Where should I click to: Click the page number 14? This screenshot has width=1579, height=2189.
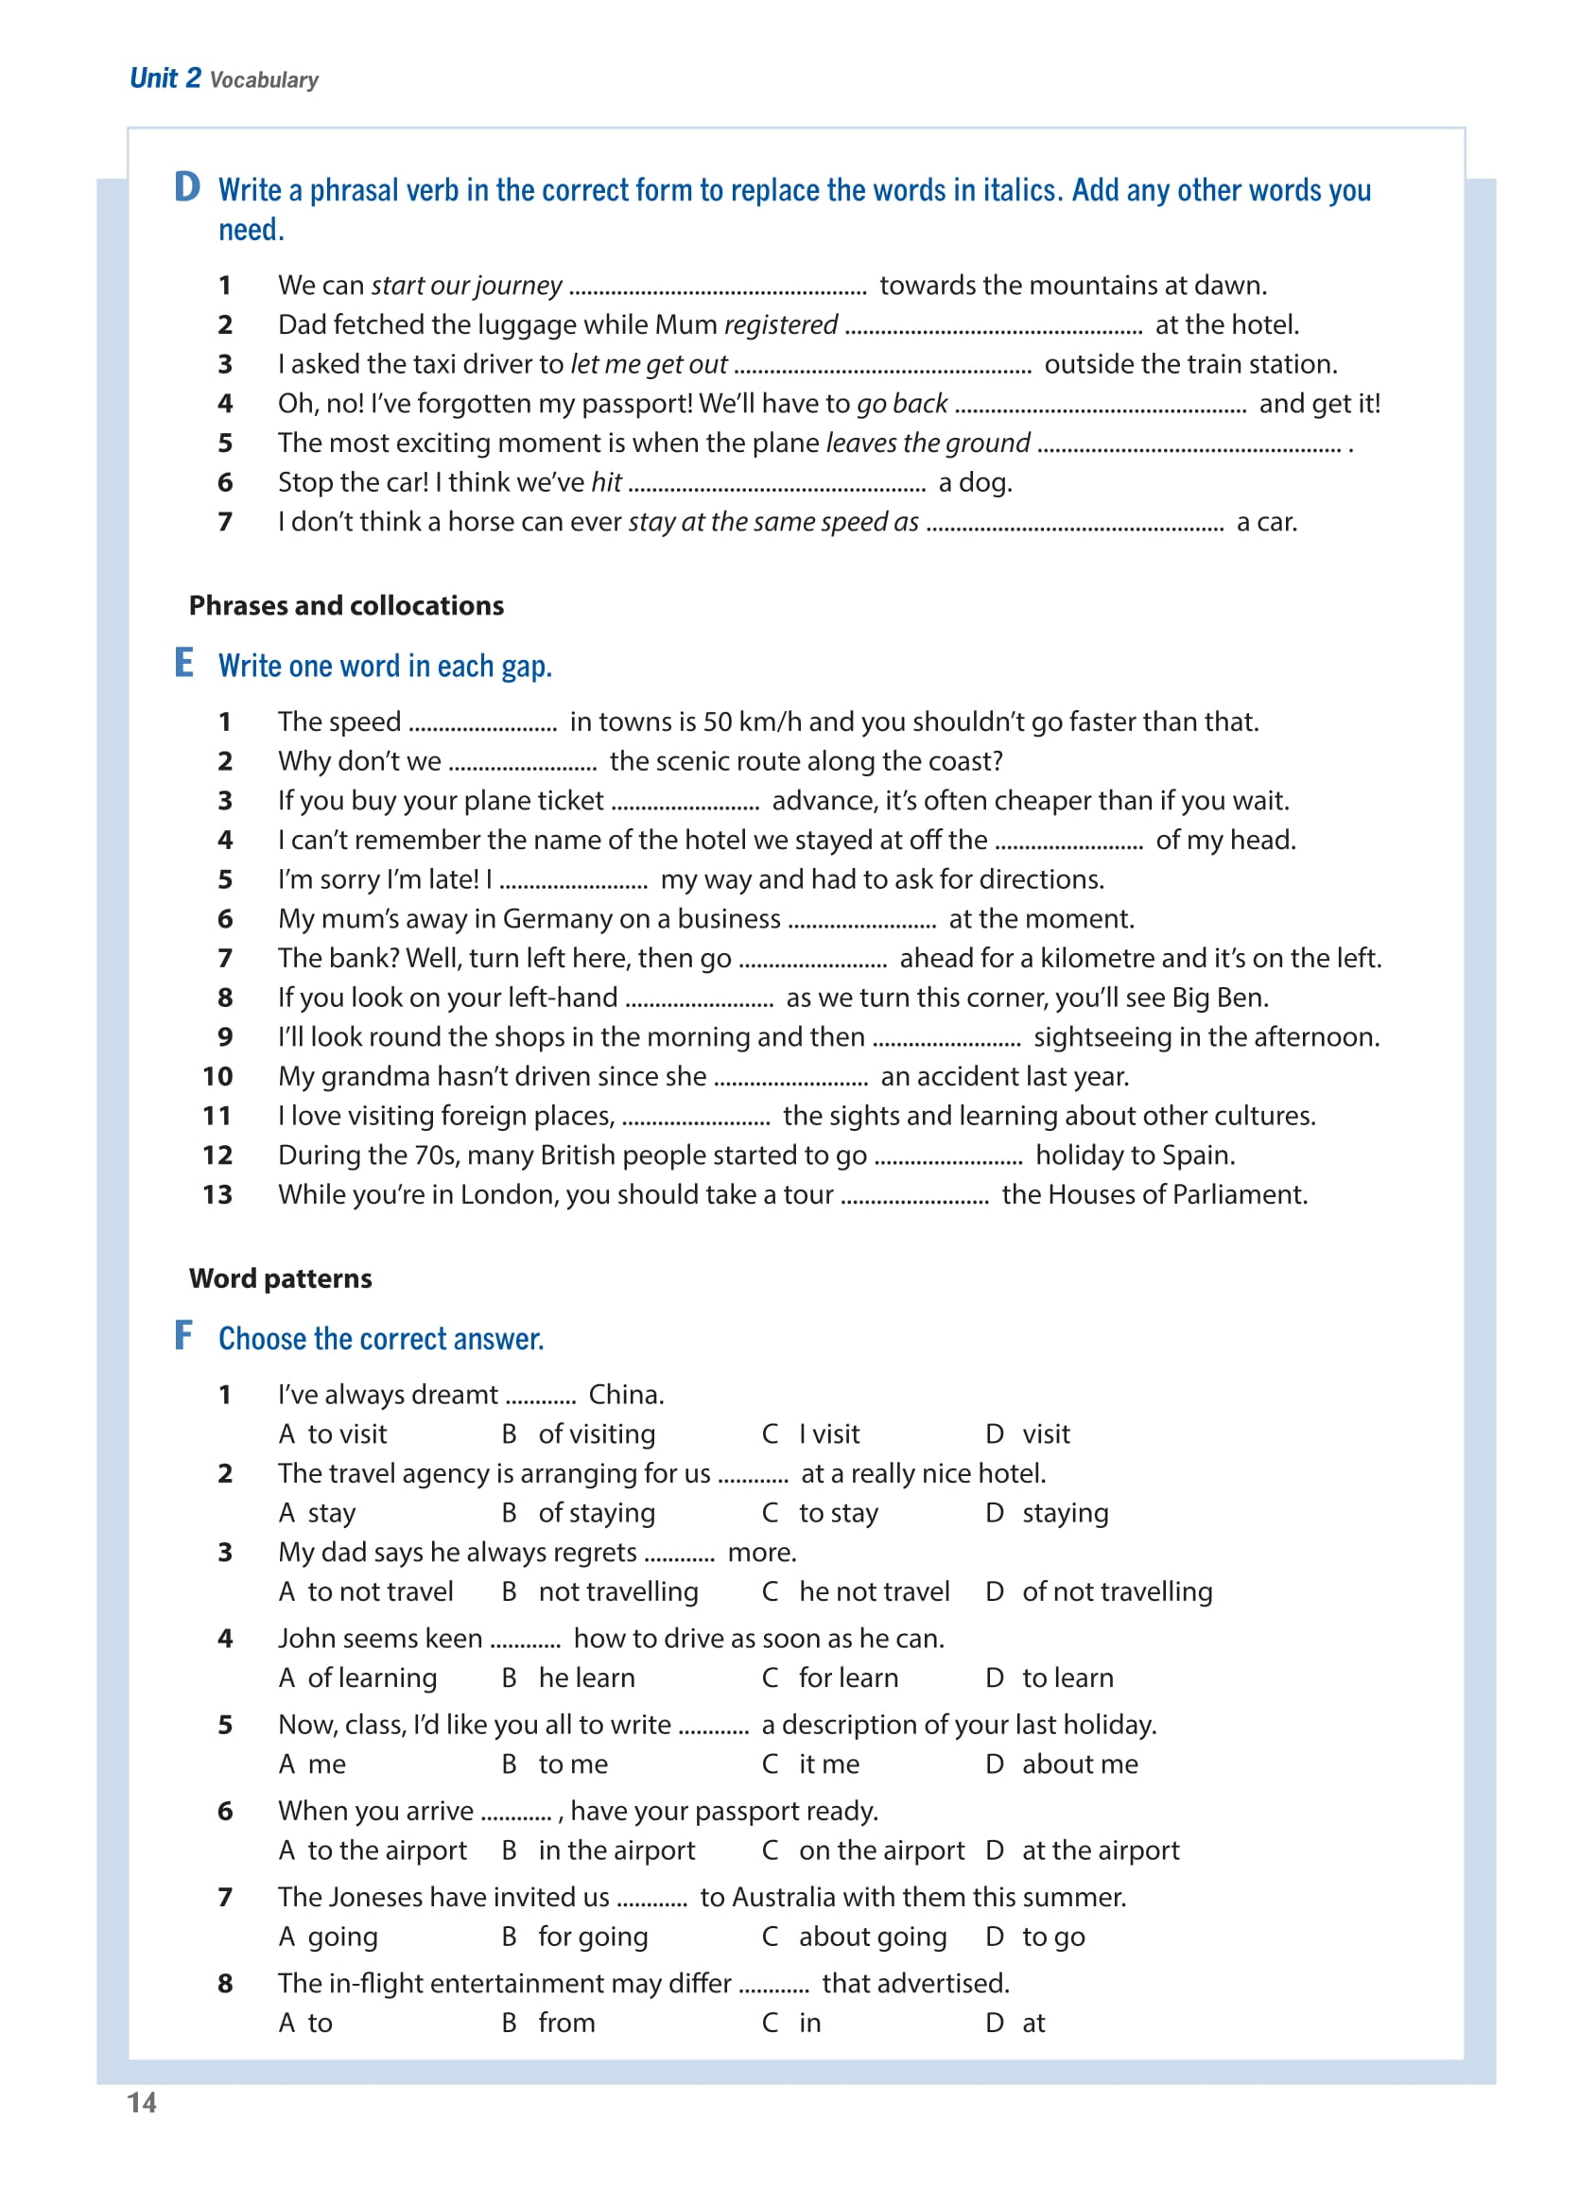pyautogui.click(x=142, y=2102)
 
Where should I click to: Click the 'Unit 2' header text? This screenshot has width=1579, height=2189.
pyautogui.click(x=165, y=78)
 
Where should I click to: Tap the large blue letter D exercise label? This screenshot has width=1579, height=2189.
pyautogui.click(x=186, y=186)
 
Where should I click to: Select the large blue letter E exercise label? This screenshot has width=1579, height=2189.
pyautogui.click(x=183, y=662)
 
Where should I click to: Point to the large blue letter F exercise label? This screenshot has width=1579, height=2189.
pyautogui.click(x=183, y=1335)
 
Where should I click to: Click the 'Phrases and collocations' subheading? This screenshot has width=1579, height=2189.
pyautogui.click(x=345, y=605)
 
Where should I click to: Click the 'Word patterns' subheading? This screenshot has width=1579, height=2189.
pyautogui.click(x=280, y=1277)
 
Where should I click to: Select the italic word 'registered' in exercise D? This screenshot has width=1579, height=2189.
pyautogui.click(x=780, y=324)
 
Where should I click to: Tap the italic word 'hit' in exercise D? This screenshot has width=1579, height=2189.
pyautogui.click(x=606, y=481)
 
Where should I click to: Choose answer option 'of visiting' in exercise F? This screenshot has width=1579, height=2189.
pyautogui.click(x=597, y=1433)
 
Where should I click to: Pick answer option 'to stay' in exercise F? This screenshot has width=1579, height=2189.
pyautogui.click(x=838, y=1512)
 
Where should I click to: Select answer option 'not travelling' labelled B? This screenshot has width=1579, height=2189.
pyautogui.click(x=617, y=1590)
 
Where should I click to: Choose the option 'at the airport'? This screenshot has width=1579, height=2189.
pyautogui.click(x=1101, y=1850)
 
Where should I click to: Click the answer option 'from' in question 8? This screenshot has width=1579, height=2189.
pyautogui.click(x=566, y=2022)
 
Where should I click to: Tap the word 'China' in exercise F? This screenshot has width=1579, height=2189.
pyautogui.click(x=624, y=1394)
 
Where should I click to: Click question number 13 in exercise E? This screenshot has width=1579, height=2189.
pyautogui.click(x=217, y=1194)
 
